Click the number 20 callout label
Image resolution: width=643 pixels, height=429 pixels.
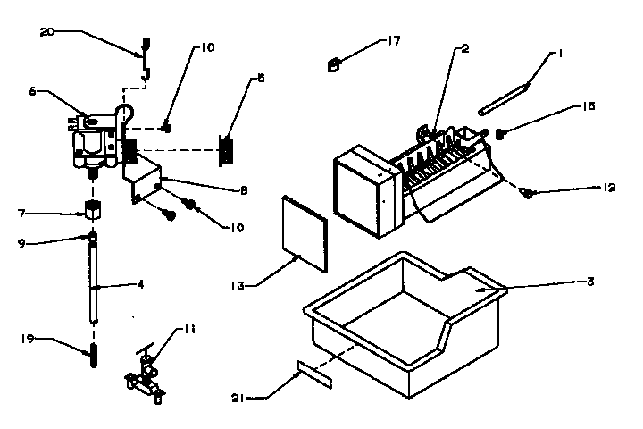[x=47, y=31]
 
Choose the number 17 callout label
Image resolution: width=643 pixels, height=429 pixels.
[x=393, y=41]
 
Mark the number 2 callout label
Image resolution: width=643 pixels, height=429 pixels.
[x=465, y=49]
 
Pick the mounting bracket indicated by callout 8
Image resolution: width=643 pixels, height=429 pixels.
[x=147, y=179]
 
